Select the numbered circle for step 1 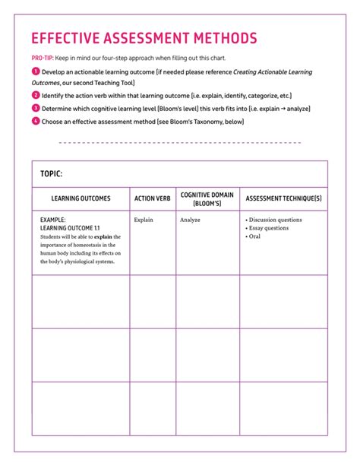click(x=35, y=71)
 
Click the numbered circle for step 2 click(x=35, y=95)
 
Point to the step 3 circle click(x=35, y=108)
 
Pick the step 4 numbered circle click(x=35, y=121)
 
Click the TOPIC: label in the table click(x=51, y=174)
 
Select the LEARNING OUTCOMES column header click(x=81, y=198)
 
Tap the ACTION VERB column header click(x=152, y=198)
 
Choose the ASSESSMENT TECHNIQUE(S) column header click(x=283, y=198)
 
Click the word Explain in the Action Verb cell click(x=144, y=220)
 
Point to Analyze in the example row click(x=190, y=220)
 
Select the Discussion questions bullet click(x=274, y=220)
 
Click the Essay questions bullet click(x=267, y=228)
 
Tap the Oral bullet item click(x=254, y=236)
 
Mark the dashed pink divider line click(x=179, y=142)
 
